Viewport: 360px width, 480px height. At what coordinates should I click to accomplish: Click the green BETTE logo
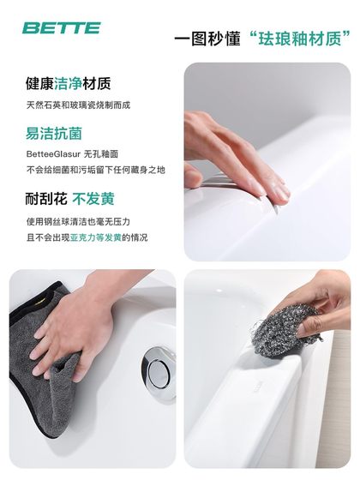[61, 28]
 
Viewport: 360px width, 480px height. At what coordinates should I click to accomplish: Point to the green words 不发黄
[94, 199]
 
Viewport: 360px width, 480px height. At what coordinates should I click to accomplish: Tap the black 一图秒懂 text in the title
[204, 39]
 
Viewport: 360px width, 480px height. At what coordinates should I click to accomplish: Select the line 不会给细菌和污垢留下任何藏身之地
[94, 170]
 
